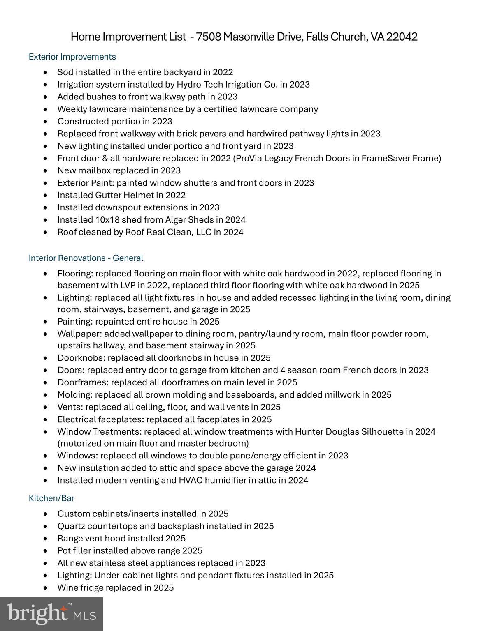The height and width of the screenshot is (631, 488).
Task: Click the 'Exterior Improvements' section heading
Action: tap(72, 57)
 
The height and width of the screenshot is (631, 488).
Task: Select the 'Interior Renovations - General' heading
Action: tap(86, 258)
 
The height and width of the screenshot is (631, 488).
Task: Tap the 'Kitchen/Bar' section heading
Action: tap(51, 498)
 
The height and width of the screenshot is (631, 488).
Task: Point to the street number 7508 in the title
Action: tap(209, 37)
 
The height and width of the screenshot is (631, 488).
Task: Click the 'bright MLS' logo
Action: tap(51, 614)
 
